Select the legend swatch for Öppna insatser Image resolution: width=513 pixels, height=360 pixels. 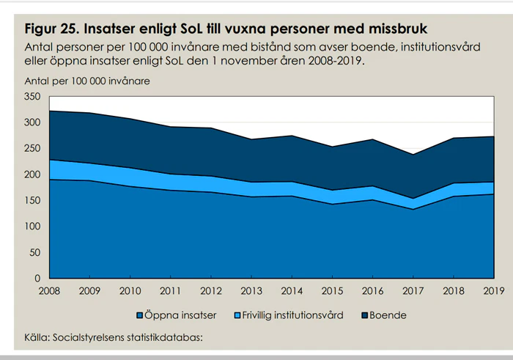click(139, 315)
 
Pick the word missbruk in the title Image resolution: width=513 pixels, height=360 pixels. click(396, 29)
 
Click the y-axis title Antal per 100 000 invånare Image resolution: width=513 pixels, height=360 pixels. click(87, 81)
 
